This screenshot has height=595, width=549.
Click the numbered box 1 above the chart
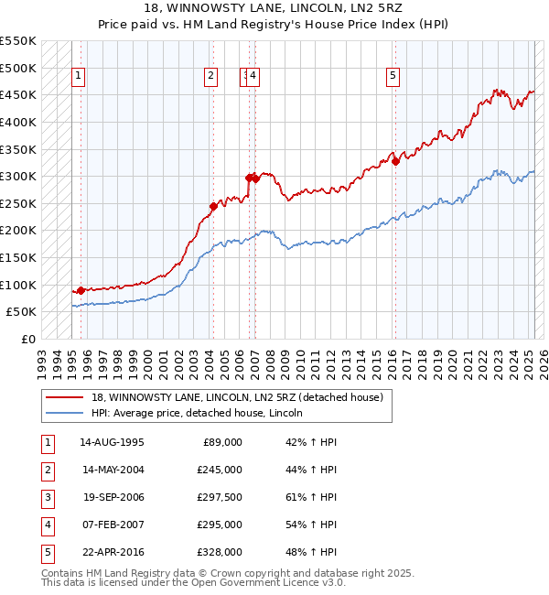pyautogui.click(x=79, y=77)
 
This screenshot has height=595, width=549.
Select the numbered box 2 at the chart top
pyautogui.click(x=211, y=77)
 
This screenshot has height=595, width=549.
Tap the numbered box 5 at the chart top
pyautogui.click(x=393, y=77)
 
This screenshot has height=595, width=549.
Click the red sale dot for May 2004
pyautogui.click(x=213, y=206)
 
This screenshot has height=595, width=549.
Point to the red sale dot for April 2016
pyautogui.click(x=396, y=161)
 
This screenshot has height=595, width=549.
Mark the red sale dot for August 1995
pyautogui.click(x=81, y=290)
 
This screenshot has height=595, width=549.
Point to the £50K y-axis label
pyautogui.click(x=21, y=312)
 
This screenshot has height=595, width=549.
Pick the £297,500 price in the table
pyautogui.click(x=220, y=497)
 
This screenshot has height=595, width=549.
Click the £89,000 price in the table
pyautogui.click(x=222, y=442)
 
